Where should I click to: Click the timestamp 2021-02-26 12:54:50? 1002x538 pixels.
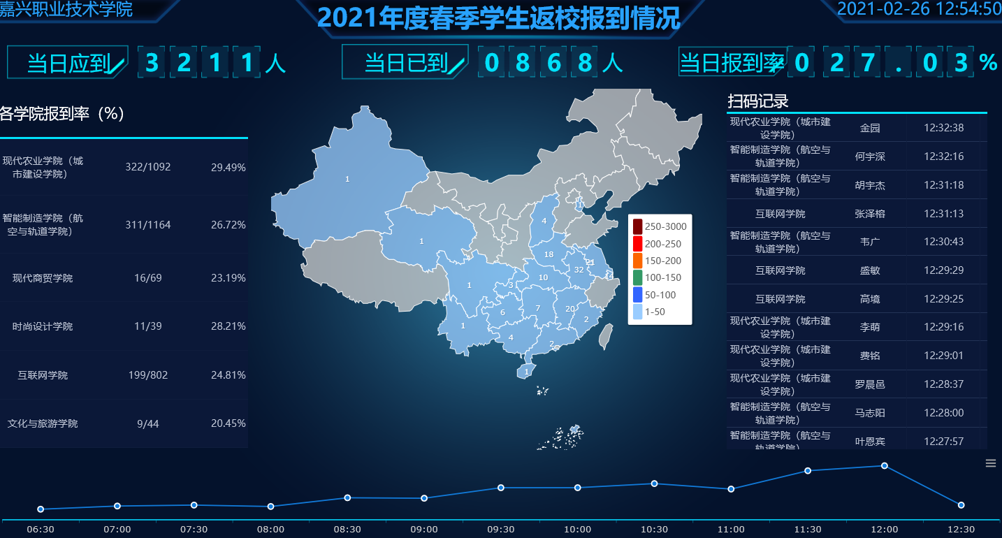[x=919, y=8]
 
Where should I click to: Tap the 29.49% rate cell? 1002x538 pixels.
[x=228, y=167]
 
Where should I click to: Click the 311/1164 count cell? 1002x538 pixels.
[x=147, y=225]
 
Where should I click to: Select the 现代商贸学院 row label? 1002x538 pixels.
[x=43, y=278]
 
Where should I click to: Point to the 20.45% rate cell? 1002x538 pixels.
[x=228, y=423]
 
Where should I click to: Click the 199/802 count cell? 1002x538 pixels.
[x=147, y=375]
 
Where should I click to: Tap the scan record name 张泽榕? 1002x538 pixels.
[x=870, y=214]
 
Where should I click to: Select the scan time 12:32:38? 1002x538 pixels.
[x=943, y=128]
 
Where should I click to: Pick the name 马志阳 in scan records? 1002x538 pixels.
[x=870, y=413]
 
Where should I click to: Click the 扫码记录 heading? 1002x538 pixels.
[x=758, y=101]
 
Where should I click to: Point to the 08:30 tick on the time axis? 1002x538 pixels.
[x=347, y=530]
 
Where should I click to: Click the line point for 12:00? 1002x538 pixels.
[x=884, y=466]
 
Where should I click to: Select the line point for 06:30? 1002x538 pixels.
[x=41, y=509]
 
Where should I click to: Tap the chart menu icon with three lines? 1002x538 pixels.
[x=990, y=463]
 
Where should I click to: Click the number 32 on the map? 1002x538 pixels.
[x=579, y=270]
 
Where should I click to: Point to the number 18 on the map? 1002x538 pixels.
[x=549, y=254]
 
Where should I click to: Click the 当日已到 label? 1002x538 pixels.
[x=406, y=64]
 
